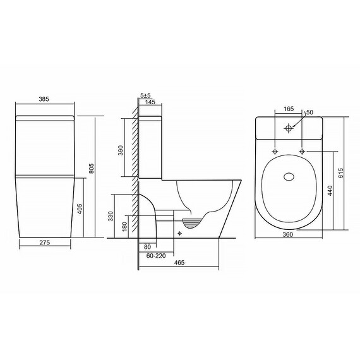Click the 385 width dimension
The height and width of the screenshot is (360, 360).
[x=44, y=99]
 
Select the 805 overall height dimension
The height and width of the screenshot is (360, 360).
[x=92, y=168]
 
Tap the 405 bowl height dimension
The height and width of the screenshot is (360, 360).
[x=80, y=208]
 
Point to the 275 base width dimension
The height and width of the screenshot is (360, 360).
[x=45, y=243]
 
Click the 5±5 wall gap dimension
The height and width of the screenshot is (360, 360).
[x=145, y=95]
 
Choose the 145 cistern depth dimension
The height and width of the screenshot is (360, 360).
[x=150, y=102]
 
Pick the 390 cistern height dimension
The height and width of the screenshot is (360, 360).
[x=121, y=150]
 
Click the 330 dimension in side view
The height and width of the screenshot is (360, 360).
[x=111, y=216]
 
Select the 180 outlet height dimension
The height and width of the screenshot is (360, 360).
[x=124, y=227]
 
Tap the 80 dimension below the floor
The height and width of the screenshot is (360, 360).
[x=147, y=247]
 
